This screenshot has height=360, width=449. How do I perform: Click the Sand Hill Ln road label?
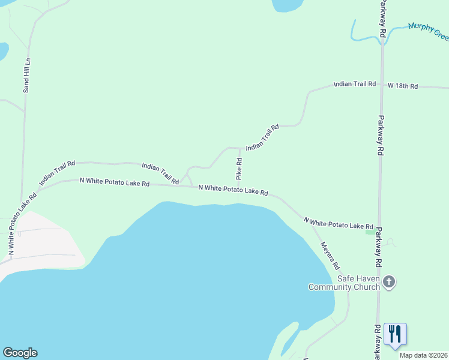[x=26, y=76]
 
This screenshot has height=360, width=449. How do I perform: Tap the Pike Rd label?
[x=239, y=169]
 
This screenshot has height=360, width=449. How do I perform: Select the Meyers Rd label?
[x=330, y=255]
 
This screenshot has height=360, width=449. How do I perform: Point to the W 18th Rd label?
[x=402, y=86]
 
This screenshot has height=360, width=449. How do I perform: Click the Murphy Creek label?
[x=428, y=31]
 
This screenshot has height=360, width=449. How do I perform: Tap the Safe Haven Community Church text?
[x=344, y=283]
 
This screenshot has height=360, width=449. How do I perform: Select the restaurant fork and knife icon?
[x=395, y=334]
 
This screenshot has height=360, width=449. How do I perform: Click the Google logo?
[x=20, y=353]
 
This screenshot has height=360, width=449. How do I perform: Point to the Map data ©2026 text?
[x=423, y=355]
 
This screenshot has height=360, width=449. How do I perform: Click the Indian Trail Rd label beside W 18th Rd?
[x=354, y=84]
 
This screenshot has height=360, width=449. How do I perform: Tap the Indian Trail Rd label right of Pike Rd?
[x=262, y=137]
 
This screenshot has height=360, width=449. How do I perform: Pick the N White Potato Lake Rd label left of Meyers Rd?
[x=233, y=190]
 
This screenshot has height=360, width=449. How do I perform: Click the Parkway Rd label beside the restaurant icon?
[x=377, y=342]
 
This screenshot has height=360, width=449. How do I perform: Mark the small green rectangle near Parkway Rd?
[x=370, y=232]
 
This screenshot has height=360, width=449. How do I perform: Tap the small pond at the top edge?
[x=288, y=5]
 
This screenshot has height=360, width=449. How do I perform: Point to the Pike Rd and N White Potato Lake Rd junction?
[x=238, y=187]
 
